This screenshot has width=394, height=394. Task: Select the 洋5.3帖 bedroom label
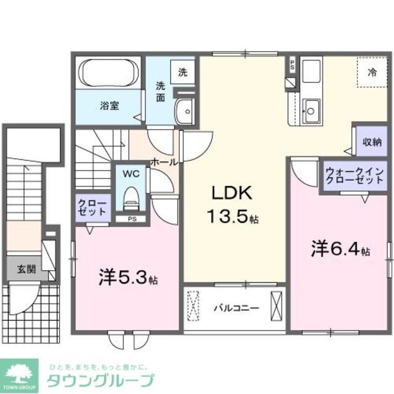pos(128,278)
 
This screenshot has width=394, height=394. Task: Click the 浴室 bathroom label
pos(110,105)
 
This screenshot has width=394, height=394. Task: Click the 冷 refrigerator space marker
pos(372,72)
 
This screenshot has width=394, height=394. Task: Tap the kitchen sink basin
pos(312,111)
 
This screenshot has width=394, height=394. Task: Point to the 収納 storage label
pos(371,142)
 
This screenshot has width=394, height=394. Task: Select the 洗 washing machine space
pos(183,71)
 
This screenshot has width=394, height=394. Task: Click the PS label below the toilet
pos(131,218)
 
